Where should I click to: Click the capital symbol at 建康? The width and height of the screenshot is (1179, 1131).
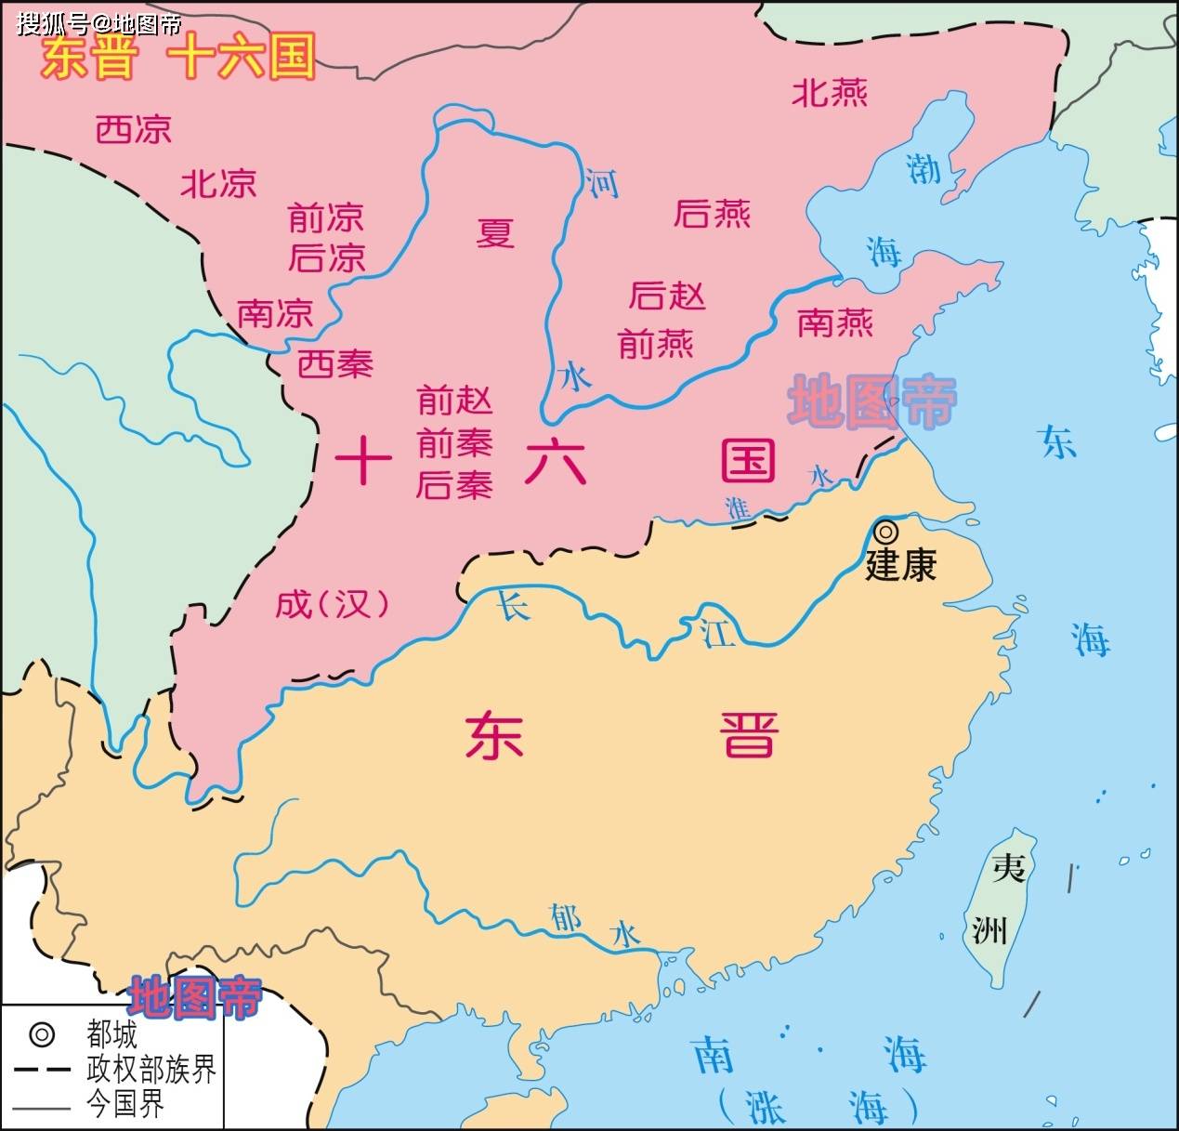tap(886, 532)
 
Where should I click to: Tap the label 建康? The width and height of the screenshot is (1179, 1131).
tap(900, 565)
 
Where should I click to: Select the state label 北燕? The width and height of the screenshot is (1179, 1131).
tap(830, 93)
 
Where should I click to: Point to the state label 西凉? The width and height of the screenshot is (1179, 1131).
tap(134, 129)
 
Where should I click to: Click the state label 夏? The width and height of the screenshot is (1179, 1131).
tap(495, 232)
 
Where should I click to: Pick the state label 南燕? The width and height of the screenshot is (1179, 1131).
tap(835, 323)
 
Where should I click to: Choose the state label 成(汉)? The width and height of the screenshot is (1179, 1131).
tap(332, 604)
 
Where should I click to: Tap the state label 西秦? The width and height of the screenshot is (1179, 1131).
tap(335, 363)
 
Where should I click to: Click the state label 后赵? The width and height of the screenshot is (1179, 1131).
tap(667, 296)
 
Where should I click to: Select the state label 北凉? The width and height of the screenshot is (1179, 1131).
tap(218, 183)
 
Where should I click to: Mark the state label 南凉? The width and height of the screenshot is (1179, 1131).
tap(275, 313)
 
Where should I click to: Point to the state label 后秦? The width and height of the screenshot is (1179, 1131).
tap(453, 485)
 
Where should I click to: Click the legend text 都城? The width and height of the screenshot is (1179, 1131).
tap(111, 1033)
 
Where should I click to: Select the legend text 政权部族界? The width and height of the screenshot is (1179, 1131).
tap(151, 1069)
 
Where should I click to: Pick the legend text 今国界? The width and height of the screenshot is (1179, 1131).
tap(124, 1104)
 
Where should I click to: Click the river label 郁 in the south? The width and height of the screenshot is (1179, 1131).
tap(565, 918)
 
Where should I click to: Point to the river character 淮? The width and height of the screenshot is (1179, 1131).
tap(738, 507)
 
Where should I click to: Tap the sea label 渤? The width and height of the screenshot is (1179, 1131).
tap(923, 168)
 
